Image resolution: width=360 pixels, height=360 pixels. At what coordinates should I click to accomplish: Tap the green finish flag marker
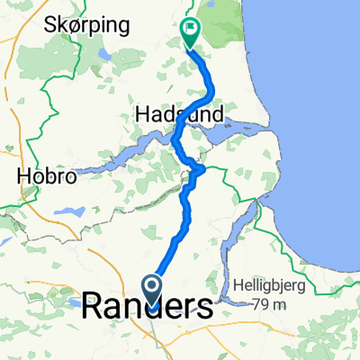coord(191,33)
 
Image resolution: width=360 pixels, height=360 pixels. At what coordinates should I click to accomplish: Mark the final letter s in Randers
coord(205,308)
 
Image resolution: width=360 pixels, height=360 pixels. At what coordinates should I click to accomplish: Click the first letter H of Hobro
coord(23,178)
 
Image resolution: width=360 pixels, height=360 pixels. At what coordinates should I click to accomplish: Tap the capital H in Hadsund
coord(141,114)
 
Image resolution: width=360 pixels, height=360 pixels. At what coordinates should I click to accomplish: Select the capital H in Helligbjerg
coord(238,287)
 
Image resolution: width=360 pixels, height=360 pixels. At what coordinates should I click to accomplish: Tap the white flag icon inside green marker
coord(191,31)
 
